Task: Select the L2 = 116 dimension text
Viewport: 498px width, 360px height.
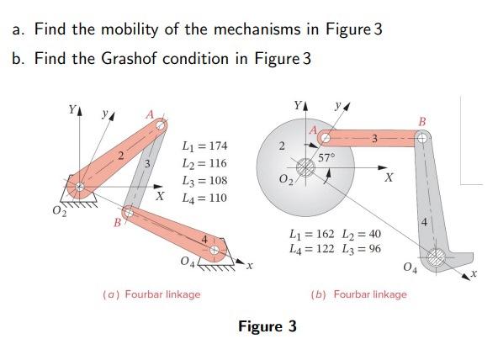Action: [x=204, y=163]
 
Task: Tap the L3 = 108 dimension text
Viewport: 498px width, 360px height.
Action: [x=204, y=181]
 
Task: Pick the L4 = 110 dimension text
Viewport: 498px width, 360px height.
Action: [x=204, y=199]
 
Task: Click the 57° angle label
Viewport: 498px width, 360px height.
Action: [x=328, y=157]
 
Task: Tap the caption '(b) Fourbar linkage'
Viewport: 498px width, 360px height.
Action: [x=358, y=294]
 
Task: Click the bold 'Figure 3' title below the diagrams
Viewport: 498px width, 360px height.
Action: [x=268, y=326]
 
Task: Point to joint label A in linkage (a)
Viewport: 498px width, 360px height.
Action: [x=151, y=114]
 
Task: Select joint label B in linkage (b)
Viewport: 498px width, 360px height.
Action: [x=422, y=124]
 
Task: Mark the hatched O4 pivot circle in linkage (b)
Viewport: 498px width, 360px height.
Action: [x=436, y=257]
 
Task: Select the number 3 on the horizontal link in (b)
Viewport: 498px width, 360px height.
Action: [x=376, y=137]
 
